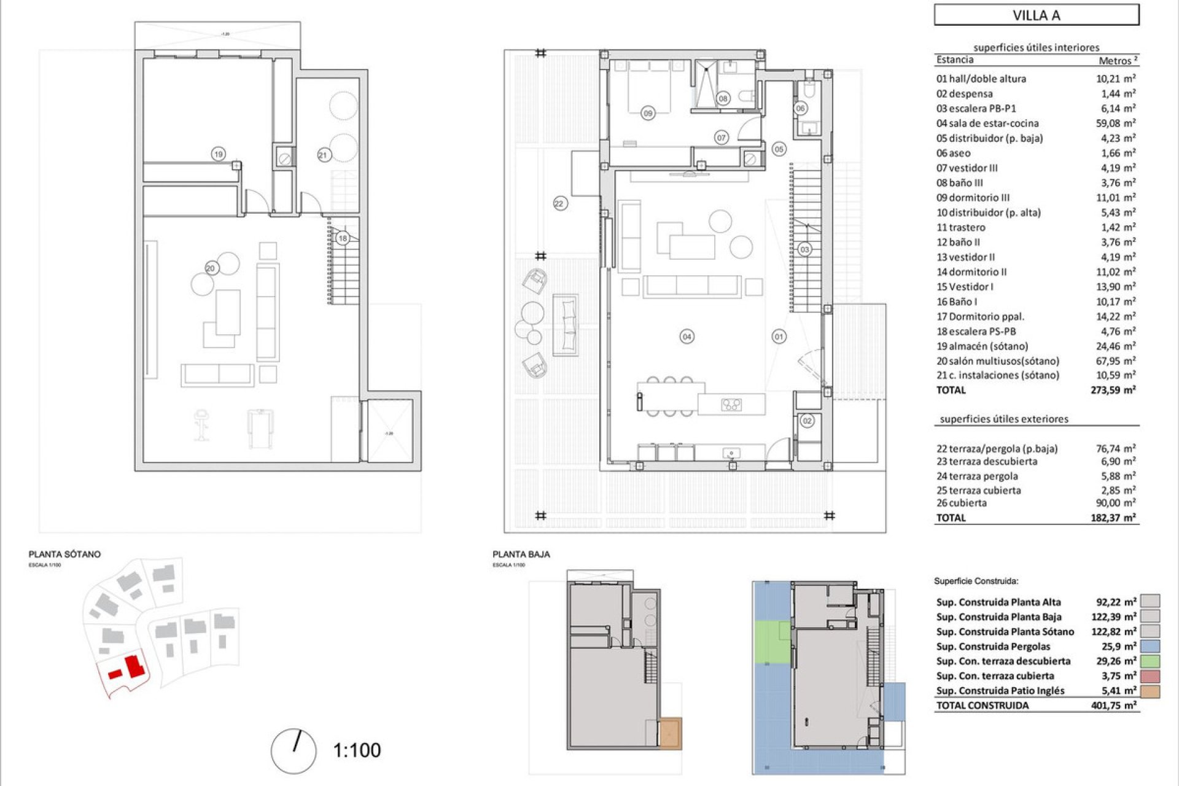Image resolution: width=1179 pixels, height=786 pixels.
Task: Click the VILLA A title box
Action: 1037,15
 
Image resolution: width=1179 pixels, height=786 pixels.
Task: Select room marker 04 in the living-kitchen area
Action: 687,337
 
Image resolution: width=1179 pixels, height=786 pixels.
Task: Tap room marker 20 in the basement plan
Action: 211,268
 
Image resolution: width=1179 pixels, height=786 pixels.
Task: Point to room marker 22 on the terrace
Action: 559,203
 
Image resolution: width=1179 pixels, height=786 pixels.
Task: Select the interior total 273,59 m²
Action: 1113,390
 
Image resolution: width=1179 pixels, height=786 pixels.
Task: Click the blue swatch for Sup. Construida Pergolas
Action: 1151,647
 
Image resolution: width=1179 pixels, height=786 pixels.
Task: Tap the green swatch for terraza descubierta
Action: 1151,661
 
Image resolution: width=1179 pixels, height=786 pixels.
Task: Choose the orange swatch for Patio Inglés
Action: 1151,691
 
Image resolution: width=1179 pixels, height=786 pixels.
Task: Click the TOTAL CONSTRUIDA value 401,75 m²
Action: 1113,706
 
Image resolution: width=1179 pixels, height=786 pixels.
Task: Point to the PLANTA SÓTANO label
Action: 64,554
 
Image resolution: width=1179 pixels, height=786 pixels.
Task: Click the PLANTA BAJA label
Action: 521,554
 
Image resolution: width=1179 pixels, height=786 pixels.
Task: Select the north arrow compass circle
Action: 294,751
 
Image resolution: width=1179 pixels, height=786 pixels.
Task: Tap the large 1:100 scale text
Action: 357,750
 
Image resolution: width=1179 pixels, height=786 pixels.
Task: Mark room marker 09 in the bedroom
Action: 647,113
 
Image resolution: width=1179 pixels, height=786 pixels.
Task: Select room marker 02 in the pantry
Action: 807,421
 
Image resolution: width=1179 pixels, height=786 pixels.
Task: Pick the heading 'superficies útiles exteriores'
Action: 1004,419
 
